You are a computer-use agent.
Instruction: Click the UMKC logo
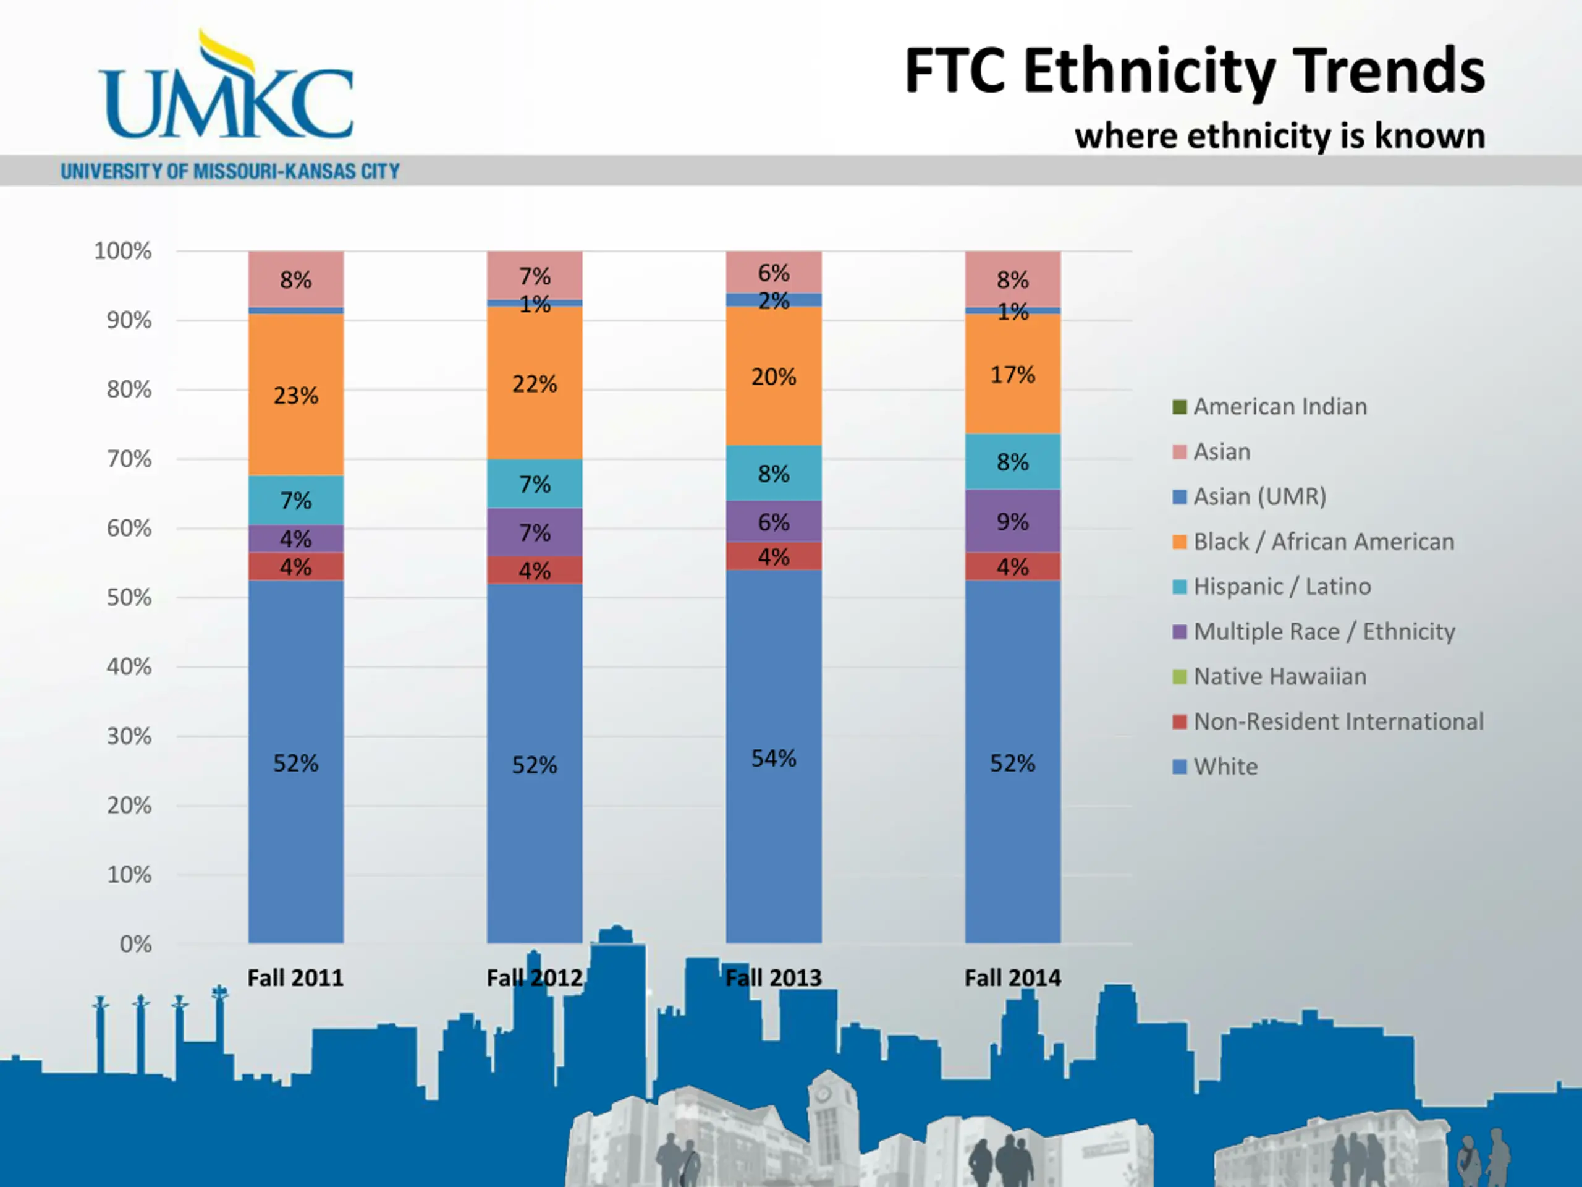226,90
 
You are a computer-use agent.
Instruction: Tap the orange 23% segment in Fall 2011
295,395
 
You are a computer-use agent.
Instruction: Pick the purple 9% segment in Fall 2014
1012,521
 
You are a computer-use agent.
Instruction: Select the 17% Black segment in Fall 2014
1012,374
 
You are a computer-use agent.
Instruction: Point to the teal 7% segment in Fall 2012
535,483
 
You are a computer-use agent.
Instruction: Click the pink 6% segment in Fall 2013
773,273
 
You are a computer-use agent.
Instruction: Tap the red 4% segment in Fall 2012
535,570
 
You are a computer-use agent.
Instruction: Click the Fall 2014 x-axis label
1012,977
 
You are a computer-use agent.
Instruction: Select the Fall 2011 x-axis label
295,977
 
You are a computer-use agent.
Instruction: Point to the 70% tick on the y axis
129,459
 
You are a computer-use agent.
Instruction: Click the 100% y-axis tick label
123,251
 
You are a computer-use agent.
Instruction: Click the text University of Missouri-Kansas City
231,172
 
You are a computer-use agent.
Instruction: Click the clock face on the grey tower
824,1094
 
